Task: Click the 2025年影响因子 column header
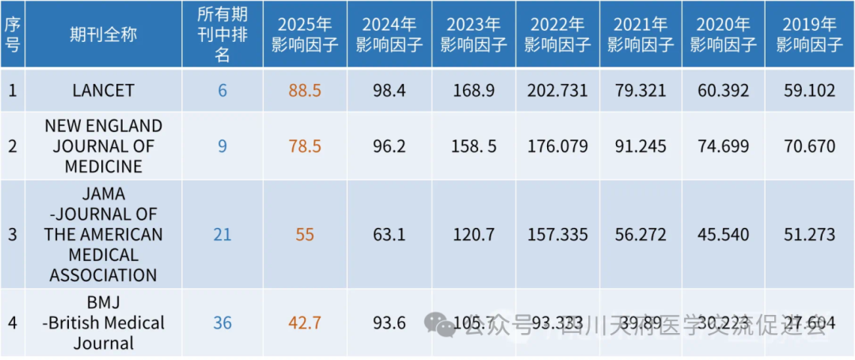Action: point(305,35)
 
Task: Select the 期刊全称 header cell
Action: point(103,35)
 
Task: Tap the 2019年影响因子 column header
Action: point(809,35)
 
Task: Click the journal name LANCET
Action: point(103,90)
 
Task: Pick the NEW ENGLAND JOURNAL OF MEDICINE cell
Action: point(103,146)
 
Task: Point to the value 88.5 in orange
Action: point(305,90)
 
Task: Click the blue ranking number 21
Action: point(222,234)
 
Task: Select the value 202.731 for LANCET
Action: point(557,90)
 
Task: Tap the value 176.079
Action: point(557,146)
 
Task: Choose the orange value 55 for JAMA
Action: point(305,234)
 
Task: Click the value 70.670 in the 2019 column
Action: point(809,146)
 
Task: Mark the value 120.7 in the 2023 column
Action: point(473,234)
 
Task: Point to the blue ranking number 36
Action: point(222,323)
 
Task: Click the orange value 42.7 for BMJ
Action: point(305,323)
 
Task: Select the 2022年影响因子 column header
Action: point(557,35)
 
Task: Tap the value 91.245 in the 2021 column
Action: point(640,146)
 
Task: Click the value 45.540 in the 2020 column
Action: point(724,234)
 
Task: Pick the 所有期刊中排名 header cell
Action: point(222,35)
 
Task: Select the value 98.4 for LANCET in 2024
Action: point(389,90)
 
